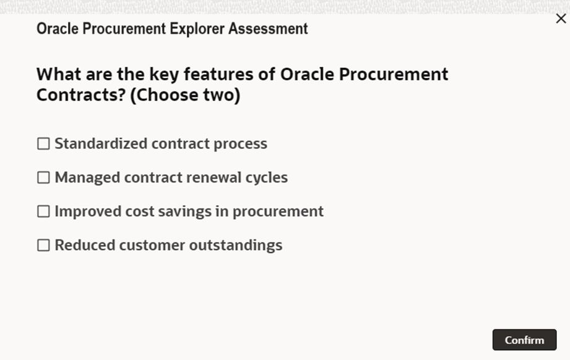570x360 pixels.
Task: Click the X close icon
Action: point(561,19)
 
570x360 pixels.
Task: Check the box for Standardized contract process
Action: point(43,144)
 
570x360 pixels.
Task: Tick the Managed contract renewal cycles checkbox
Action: point(43,178)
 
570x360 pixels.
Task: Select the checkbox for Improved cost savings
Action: point(43,211)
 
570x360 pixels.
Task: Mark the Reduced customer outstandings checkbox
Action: point(43,245)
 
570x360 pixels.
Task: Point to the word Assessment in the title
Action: point(268,28)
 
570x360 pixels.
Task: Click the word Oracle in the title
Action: point(58,28)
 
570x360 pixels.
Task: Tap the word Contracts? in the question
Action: point(81,95)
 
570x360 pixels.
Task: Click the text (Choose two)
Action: point(185,95)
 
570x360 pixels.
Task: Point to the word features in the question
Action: point(218,74)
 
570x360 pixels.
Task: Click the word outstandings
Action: point(236,245)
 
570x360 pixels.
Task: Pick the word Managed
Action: point(88,178)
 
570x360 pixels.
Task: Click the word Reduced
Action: point(85,245)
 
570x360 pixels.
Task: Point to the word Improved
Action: point(88,212)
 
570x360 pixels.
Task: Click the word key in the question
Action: point(164,74)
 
